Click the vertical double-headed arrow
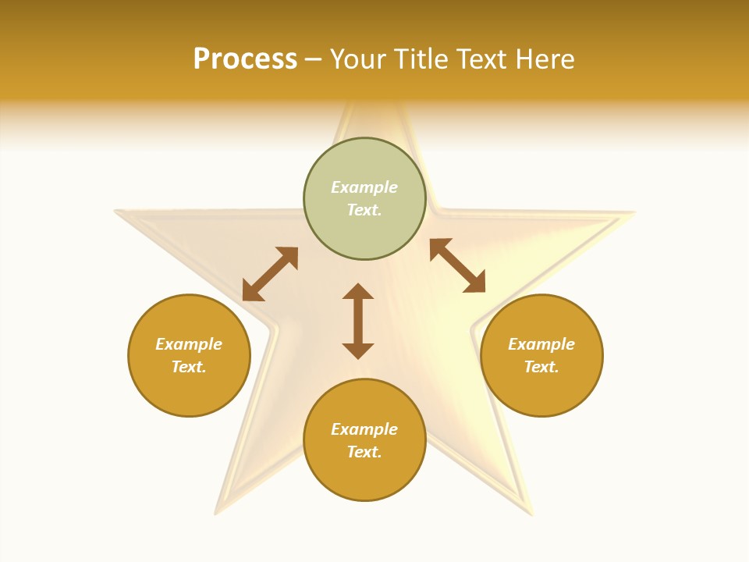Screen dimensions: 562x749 (358, 321)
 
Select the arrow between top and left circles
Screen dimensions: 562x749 (270, 274)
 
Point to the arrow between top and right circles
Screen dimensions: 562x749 (457, 265)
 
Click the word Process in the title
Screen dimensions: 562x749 (245, 59)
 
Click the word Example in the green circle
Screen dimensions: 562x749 (364, 187)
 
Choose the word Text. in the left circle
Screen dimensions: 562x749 (189, 367)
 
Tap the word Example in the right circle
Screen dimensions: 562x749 (541, 344)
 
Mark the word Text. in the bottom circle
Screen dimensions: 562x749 (364, 452)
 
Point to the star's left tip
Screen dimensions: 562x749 (118, 212)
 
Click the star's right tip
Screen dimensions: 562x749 (633, 213)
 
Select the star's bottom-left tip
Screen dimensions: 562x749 (217, 512)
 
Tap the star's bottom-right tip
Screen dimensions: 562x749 (531, 512)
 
